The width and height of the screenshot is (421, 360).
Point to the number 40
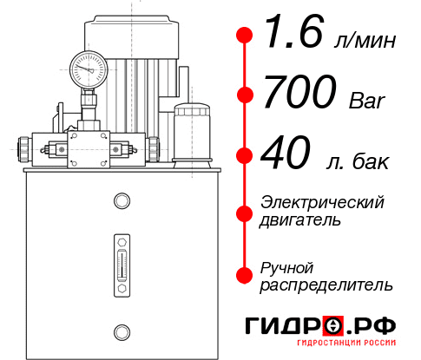pos(283,157)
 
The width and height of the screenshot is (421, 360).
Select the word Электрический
pos(322,202)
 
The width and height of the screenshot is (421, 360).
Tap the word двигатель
pos(300,219)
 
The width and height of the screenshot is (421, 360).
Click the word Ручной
pos(287,267)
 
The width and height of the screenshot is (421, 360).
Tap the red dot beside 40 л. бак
pos(245,157)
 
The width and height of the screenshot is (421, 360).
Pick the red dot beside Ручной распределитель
pos(245,275)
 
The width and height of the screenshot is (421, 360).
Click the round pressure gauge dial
pos(89,66)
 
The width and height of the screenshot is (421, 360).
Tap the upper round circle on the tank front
pos(121,201)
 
